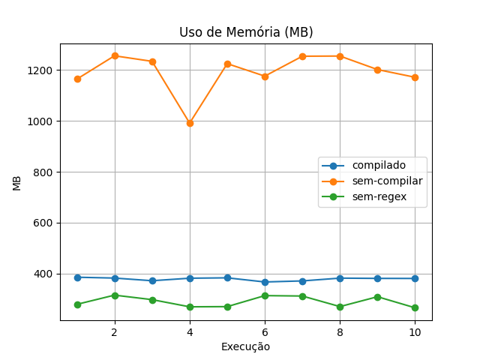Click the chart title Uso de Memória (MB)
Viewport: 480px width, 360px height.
pyautogui.click(x=246, y=32)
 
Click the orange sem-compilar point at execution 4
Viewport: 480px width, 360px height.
pyautogui.click(x=190, y=123)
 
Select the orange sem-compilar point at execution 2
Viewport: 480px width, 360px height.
pyautogui.click(x=115, y=55)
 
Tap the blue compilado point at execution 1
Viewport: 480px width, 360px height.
pyautogui.click(x=77, y=277)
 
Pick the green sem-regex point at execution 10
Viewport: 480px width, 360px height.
pyautogui.click(x=415, y=307)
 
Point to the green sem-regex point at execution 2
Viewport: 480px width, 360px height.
pyautogui.click(x=115, y=295)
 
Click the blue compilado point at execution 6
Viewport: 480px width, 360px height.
pyautogui.click(x=265, y=282)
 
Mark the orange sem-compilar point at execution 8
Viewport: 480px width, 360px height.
pyautogui.click(x=340, y=56)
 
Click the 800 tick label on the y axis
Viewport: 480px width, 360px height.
pyautogui.click(x=44, y=172)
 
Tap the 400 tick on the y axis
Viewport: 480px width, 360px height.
pyautogui.click(x=44, y=274)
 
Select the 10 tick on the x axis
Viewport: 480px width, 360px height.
pyautogui.click(x=415, y=331)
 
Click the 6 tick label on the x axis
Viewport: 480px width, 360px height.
pyautogui.click(x=265, y=331)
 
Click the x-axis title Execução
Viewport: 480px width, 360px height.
pyautogui.click(x=245, y=346)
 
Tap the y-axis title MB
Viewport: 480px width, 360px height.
pyautogui.click(x=16, y=183)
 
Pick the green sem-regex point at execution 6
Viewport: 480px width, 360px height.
pyautogui.click(x=265, y=295)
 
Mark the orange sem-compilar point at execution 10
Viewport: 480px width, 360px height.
pyautogui.click(x=415, y=77)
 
